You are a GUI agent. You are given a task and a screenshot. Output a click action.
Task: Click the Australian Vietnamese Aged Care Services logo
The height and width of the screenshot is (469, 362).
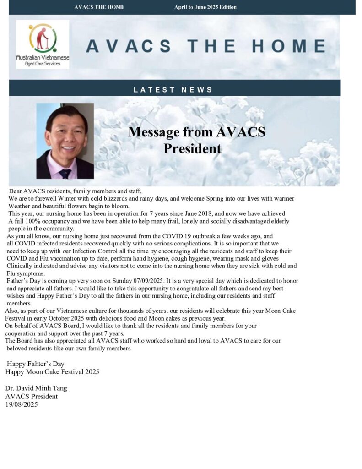point(43,44)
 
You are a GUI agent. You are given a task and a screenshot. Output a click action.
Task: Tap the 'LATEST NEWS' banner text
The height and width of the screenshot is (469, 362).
point(173,90)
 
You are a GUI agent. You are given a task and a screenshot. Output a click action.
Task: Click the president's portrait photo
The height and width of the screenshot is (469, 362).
point(65,141)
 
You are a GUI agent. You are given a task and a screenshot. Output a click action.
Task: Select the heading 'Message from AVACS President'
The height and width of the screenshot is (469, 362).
point(196,140)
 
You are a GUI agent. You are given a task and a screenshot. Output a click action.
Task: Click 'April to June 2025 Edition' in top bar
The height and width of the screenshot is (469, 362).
point(205,7)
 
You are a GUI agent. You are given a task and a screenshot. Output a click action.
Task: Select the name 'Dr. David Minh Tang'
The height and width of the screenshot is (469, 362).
point(36,388)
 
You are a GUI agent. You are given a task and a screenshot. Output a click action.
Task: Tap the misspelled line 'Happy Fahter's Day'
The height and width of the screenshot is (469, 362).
point(35,364)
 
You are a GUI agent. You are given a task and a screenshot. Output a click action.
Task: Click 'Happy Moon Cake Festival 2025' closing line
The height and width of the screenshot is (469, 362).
point(52,371)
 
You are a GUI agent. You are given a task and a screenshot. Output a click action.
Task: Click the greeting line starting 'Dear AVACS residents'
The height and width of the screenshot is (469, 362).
point(76,191)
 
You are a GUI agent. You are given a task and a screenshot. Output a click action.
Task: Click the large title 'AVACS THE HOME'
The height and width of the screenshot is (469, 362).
point(206,46)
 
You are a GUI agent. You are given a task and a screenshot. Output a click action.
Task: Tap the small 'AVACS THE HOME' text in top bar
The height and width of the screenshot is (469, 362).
point(99,7)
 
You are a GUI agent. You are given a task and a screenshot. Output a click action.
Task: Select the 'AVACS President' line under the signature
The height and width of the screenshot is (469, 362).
point(32,396)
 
